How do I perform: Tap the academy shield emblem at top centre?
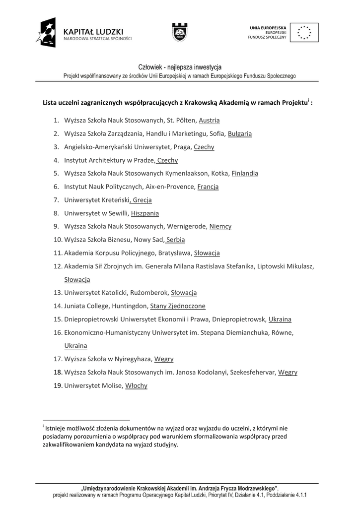pos(180,33)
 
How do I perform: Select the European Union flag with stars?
pos(304,32)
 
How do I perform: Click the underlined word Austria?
pos(209,120)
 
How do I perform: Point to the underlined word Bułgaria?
pos(240,133)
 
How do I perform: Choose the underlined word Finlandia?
pos(245,174)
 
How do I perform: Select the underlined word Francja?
pos(208,187)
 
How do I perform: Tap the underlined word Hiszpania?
pos(145,213)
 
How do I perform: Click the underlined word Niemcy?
pos(220,227)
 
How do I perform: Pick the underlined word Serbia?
pos(176,240)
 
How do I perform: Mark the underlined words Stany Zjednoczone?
pos(178,306)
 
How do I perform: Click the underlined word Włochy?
pos(136,385)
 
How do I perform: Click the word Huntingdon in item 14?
pos(130,306)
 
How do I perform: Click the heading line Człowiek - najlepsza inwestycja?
pos(180,67)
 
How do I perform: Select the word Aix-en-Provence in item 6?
pos(170,187)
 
